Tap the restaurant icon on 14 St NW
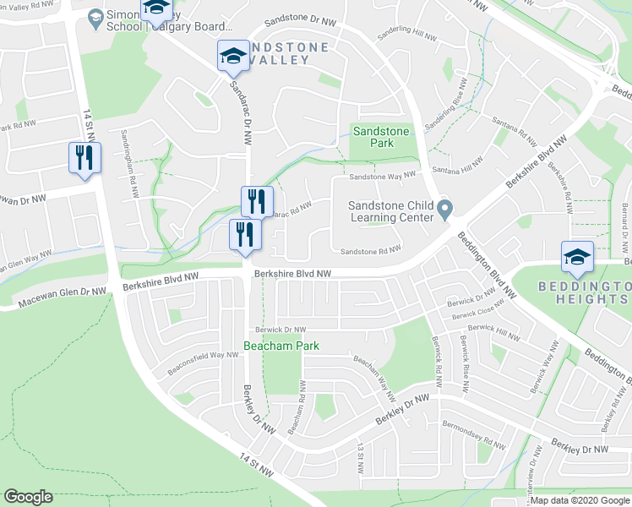[84, 159]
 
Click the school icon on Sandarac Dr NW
[234, 57]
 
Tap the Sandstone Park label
[380, 137]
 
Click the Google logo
[28, 497]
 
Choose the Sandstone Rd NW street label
[369, 251]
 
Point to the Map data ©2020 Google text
[580, 500]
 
